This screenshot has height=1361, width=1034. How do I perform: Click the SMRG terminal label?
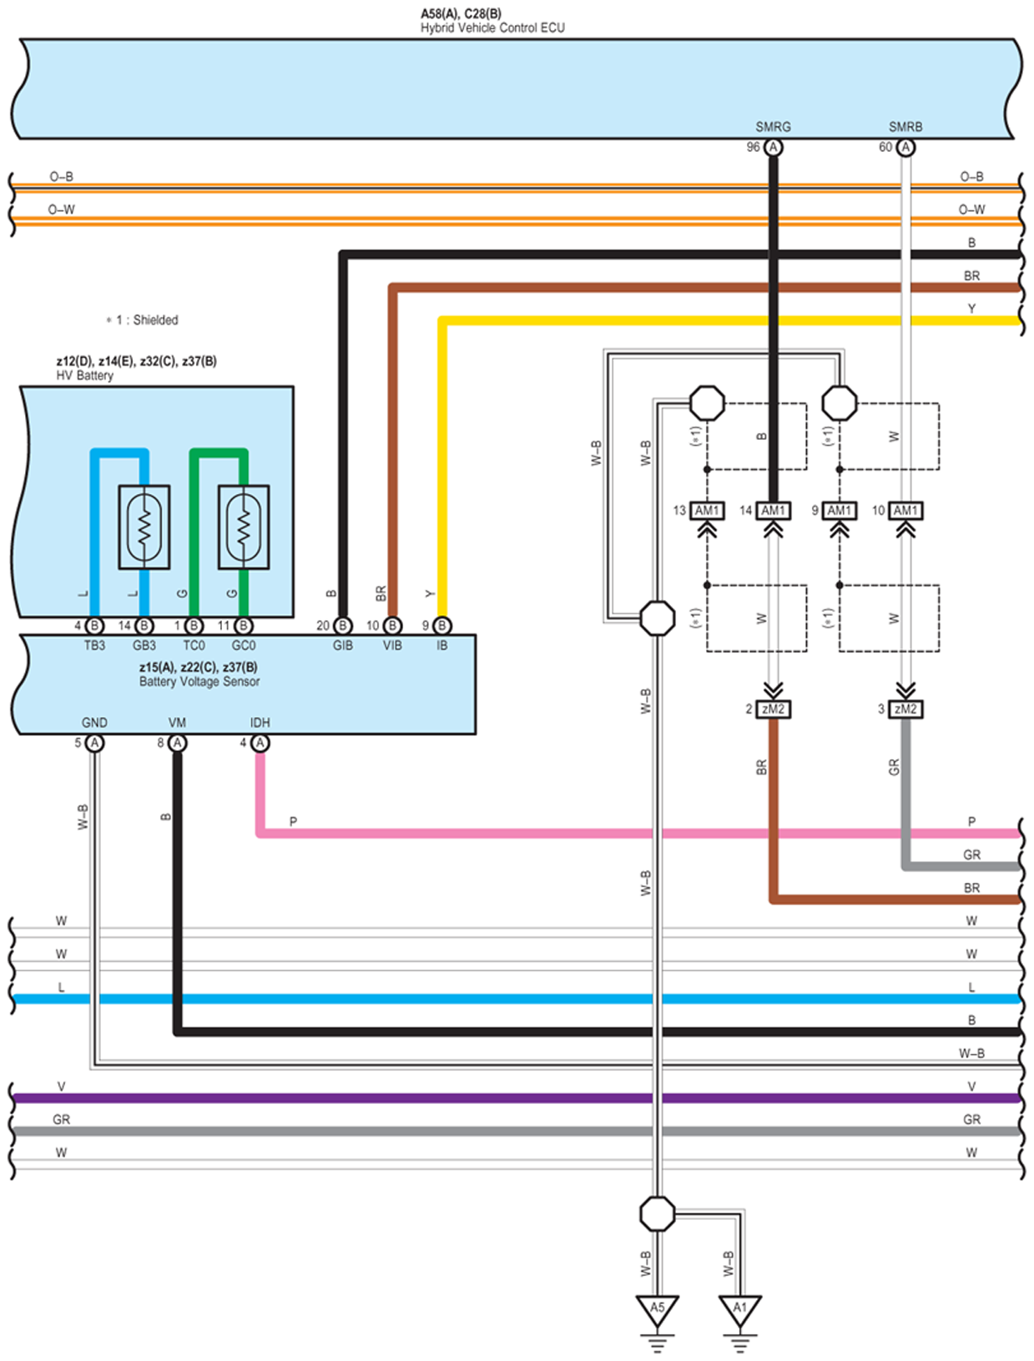tap(773, 127)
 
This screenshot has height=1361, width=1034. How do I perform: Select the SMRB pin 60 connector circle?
tap(905, 148)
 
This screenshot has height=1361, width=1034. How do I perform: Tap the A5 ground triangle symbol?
tap(657, 1309)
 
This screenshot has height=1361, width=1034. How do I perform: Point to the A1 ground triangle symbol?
tap(739, 1309)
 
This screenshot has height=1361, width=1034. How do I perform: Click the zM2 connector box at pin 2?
tap(773, 709)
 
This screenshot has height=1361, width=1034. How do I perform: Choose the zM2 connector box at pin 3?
tap(905, 709)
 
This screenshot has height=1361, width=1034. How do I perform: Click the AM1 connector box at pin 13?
tap(707, 511)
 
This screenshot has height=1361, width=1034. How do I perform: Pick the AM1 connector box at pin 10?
tap(905, 511)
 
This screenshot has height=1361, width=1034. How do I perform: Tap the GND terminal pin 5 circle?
tap(95, 743)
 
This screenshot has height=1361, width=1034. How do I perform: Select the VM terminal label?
tap(177, 723)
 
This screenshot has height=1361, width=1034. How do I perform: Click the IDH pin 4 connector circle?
tap(260, 743)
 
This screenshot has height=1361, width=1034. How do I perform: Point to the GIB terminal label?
tap(343, 646)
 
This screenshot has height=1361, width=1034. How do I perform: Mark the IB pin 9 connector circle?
tap(442, 626)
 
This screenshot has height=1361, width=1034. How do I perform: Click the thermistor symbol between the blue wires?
tap(144, 527)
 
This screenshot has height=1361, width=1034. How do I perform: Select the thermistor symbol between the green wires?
tap(244, 527)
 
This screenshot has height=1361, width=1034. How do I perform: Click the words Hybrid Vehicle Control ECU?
tap(492, 28)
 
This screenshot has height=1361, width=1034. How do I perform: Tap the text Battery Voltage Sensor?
tap(199, 682)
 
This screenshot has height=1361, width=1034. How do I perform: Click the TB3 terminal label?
tap(94, 646)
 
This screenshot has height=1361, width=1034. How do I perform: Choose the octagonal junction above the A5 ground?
tap(657, 1214)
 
